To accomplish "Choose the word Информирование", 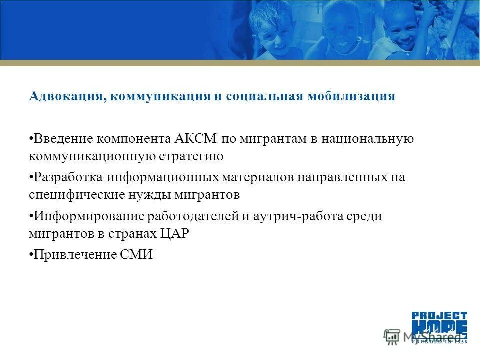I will (88, 216).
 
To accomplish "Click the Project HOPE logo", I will (439, 327).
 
